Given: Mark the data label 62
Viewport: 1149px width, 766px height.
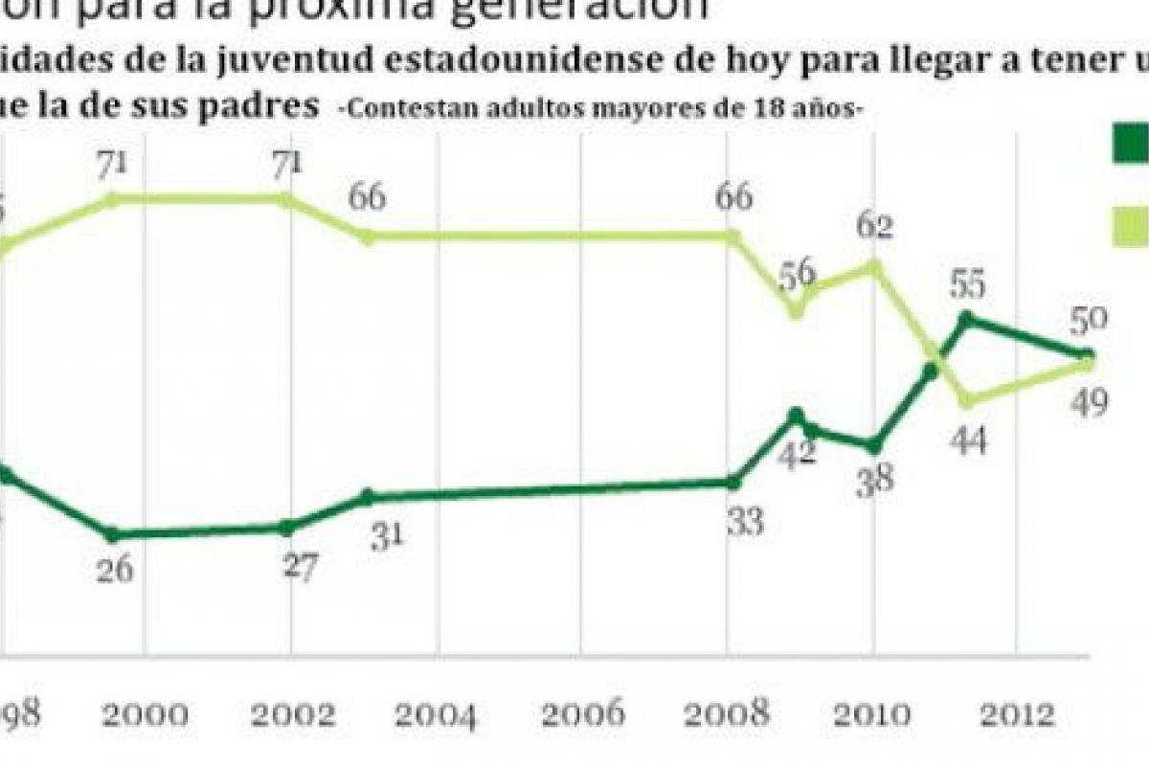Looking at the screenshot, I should [874, 226].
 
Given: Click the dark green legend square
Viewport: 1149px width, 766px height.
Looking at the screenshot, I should [1131, 145].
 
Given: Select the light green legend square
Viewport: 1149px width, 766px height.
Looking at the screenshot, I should [1131, 226].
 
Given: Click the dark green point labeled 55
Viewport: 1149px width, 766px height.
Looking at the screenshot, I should [966, 318].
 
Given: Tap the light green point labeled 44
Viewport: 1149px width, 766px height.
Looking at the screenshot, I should [966, 400].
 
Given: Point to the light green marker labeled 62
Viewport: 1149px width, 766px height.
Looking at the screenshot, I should [874, 265].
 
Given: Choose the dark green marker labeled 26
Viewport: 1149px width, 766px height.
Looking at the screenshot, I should [113, 534].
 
